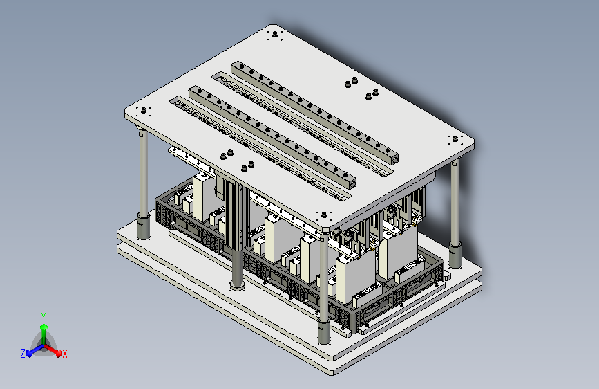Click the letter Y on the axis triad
44,317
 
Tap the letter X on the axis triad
64,354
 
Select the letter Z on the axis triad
23,354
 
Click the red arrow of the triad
53,350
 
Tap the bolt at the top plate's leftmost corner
144,111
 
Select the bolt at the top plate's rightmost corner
455,138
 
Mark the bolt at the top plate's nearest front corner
324,215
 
